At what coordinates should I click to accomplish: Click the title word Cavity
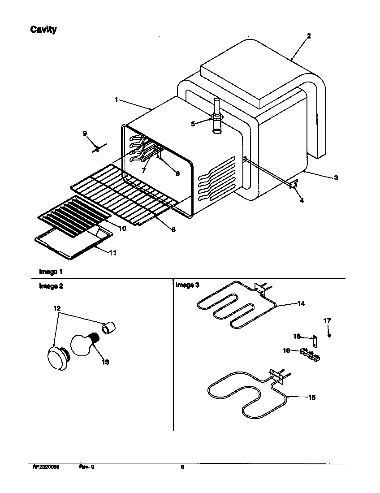coord(43,30)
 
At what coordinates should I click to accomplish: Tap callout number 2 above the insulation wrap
coord(308,36)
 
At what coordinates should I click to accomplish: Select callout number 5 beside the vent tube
coord(194,124)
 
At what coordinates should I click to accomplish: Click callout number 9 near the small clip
coord(85,133)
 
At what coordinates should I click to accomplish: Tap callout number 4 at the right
coord(302,201)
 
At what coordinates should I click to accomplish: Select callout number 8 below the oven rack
coord(173,230)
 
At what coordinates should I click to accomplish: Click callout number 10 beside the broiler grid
coord(122,228)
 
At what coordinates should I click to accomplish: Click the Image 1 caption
coord(51,272)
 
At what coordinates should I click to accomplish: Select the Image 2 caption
coord(51,286)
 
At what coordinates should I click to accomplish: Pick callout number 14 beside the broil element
coord(301,303)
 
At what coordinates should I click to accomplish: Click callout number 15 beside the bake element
coord(311,397)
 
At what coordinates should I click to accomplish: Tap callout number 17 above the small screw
coord(327,320)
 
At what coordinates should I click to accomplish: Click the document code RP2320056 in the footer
coord(46,467)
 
